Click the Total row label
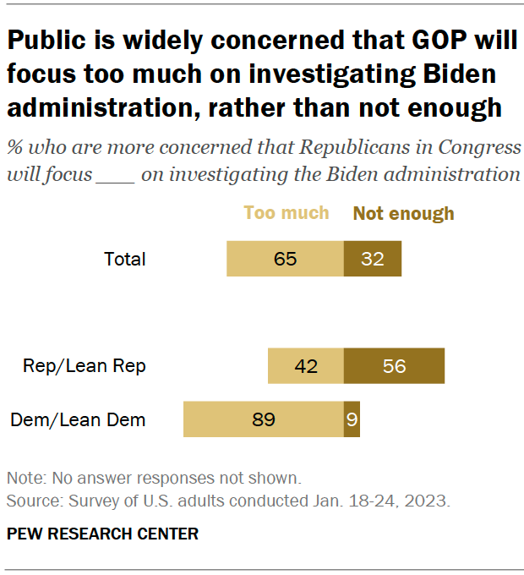125,259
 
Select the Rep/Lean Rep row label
85,366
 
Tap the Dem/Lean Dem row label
78,419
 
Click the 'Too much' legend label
287,213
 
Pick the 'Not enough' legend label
403,213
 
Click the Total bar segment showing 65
285,259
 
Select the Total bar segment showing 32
373,259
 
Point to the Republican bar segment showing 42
306,366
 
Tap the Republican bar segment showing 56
394,366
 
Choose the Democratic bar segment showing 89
264,419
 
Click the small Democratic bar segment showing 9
352,419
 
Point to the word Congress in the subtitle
478,147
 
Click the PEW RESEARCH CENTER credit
102,534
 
